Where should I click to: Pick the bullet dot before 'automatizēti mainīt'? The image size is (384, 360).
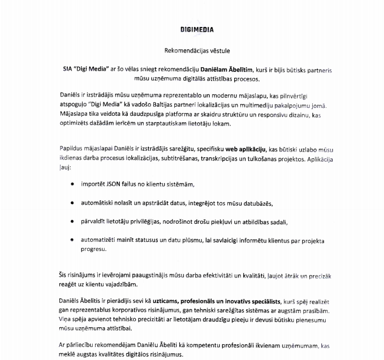(x=72, y=240)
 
